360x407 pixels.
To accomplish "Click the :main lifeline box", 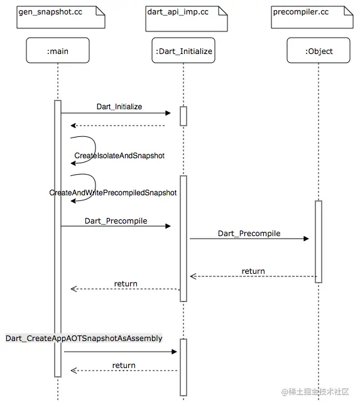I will [x=58, y=51].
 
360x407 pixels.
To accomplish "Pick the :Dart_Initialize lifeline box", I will [x=183, y=51].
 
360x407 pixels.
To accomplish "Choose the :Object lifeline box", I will [x=319, y=51].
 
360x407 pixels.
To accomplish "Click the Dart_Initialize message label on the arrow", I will [x=119, y=107].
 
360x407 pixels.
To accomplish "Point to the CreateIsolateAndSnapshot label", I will [x=119, y=155].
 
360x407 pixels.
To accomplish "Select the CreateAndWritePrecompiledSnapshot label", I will [x=113, y=193].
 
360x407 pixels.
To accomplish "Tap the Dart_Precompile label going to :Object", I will [x=249, y=234].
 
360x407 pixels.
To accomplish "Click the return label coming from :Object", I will [x=253, y=271].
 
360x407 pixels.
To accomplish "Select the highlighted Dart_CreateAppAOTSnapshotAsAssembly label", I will [x=84, y=339].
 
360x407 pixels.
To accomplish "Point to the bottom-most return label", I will [x=124, y=365].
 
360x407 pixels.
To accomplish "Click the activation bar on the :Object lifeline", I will [x=319, y=242].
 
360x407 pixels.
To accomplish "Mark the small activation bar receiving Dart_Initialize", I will [x=183, y=116].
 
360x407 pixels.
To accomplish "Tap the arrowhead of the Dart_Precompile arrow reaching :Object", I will [x=306, y=239].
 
